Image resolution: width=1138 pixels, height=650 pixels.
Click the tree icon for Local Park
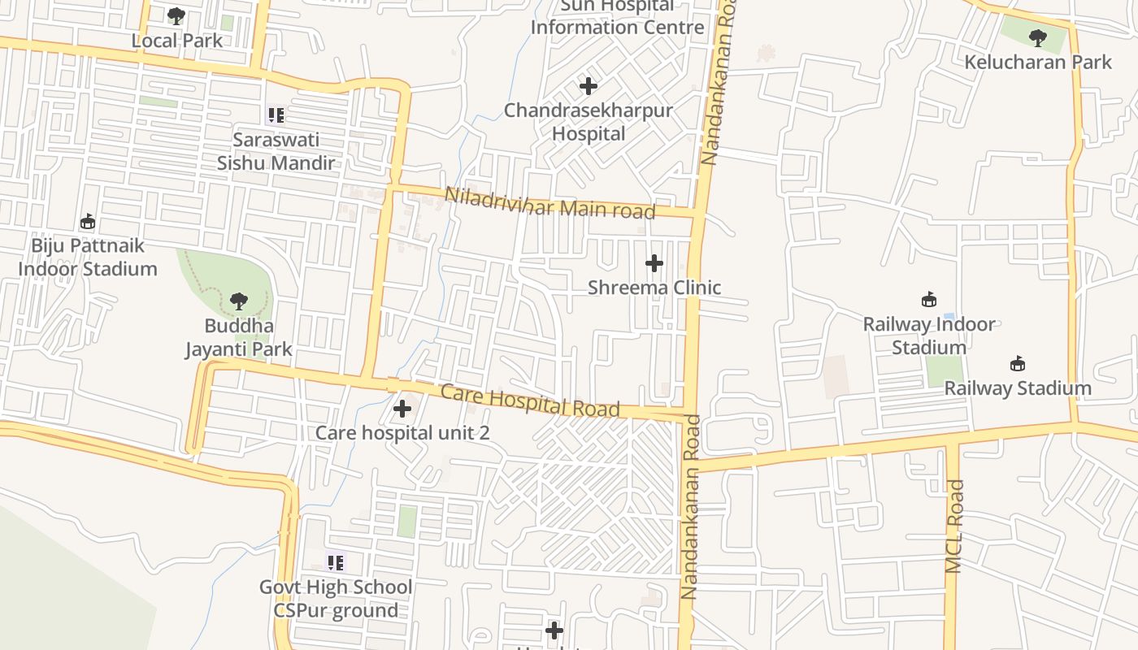[x=176, y=15]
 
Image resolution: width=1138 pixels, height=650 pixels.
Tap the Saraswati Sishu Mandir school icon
[x=276, y=115]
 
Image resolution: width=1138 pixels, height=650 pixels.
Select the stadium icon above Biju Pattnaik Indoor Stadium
[x=88, y=221]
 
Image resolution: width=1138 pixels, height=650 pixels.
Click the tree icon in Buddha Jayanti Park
[x=238, y=301]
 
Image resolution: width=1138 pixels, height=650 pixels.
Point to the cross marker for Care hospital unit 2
[x=402, y=408]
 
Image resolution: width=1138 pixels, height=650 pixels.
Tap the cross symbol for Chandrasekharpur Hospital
[x=588, y=85]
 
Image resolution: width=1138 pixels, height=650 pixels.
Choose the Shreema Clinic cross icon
[x=654, y=263]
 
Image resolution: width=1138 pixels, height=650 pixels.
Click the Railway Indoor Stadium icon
[x=928, y=299]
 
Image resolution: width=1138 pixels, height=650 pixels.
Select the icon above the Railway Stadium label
[x=1017, y=363]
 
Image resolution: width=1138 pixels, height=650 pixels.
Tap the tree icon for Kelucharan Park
[x=1037, y=37]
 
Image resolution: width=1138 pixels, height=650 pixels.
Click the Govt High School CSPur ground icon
[x=336, y=562]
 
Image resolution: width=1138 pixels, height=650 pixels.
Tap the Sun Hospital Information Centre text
[x=617, y=16]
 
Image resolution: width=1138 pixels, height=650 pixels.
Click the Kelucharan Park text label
[x=1038, y=62]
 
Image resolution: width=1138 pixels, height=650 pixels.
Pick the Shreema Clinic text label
[x=654, y=288]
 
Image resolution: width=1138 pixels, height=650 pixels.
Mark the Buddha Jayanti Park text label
[x=238, y=338]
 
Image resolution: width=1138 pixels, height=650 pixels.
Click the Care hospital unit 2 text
[x=402, y=432]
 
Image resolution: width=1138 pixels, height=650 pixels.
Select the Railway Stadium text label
[x=1018, y=388]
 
